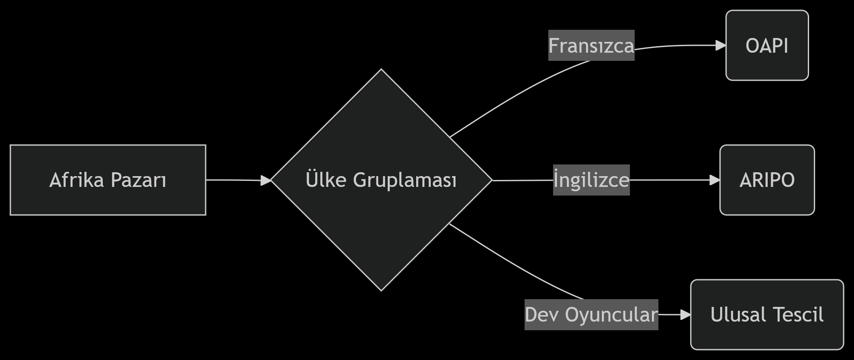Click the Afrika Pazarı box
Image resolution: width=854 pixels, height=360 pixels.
(x=108, y=180)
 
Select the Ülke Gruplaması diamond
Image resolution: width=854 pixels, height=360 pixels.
(x=381, y=180)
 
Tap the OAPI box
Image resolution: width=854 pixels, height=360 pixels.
(x=767, y=45)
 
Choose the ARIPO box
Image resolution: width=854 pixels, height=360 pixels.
(x=767, y=180)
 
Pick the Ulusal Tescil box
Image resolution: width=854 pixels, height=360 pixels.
(x=767, y=315)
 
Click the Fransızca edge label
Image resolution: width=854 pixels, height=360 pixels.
(x=591, y=45)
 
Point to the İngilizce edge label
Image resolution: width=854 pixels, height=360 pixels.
(x=591, y=180)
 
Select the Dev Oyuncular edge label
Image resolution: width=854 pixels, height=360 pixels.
(x=591, y=315)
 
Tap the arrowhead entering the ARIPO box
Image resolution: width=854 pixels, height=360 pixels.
(x=715, y=180)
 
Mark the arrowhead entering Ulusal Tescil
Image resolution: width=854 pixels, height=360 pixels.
(x=685, y=315)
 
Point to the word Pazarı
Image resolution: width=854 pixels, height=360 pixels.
(x=139, y=180)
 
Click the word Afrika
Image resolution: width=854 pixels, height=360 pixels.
(x=76, y=180)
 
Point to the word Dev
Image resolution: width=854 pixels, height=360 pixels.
(x=542, y=315)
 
